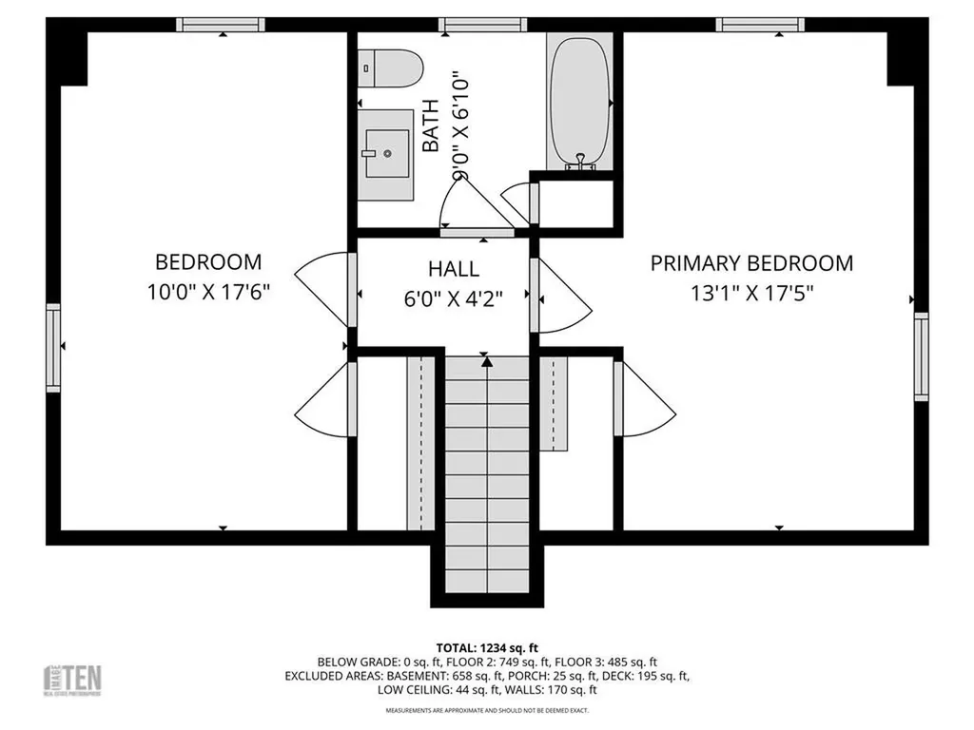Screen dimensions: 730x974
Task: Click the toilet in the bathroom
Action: coord(391,67)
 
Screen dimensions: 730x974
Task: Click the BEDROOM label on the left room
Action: coord(208,261)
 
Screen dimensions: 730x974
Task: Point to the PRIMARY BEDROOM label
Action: coord(751,263)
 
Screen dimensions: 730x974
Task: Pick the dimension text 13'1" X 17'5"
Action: coord(751,294)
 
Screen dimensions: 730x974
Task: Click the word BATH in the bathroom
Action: coord(431,126)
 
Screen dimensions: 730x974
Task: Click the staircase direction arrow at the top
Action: coord(487,361)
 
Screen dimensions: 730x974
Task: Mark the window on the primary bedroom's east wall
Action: coord(920,356)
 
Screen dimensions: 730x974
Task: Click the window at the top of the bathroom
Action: coord(471,25)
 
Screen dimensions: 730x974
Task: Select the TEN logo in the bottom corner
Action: coord(74,679)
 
